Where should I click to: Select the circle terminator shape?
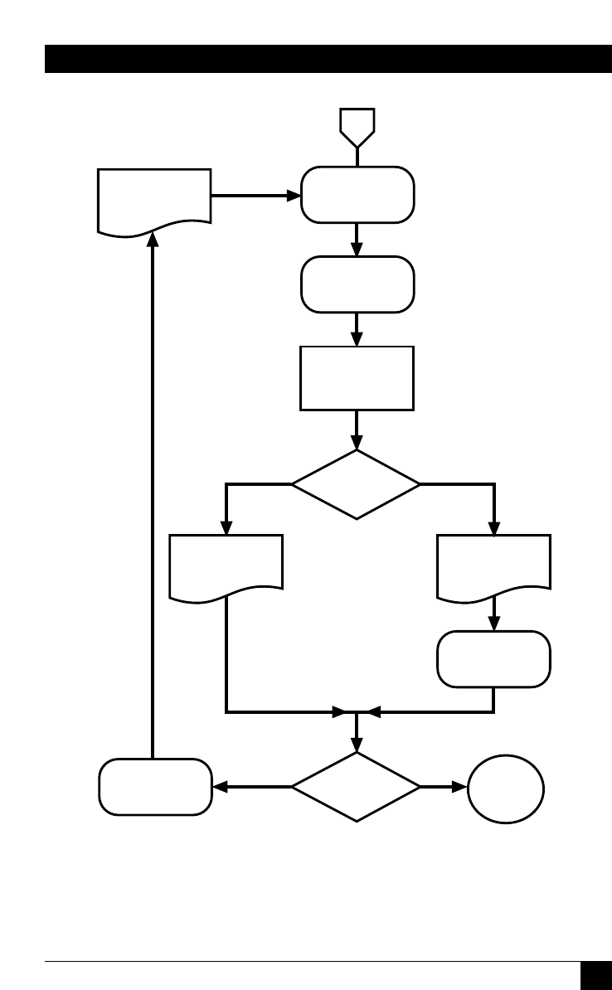506,789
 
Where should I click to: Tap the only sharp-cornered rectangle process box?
357,378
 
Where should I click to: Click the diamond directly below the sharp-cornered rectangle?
357,484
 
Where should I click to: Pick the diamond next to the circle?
357,787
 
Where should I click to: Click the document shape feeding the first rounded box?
154,199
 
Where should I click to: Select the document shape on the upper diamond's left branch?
226,565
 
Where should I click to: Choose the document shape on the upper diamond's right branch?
493,565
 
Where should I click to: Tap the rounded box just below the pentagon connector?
357,195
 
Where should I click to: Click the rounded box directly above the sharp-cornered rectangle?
357,284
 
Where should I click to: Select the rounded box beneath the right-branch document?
493,659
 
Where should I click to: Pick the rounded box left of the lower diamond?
154,787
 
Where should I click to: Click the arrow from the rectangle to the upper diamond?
357,429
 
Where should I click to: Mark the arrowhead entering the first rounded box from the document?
294,196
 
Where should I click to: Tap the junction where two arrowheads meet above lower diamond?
357,711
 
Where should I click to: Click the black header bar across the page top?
328,60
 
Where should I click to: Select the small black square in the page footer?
595,975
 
